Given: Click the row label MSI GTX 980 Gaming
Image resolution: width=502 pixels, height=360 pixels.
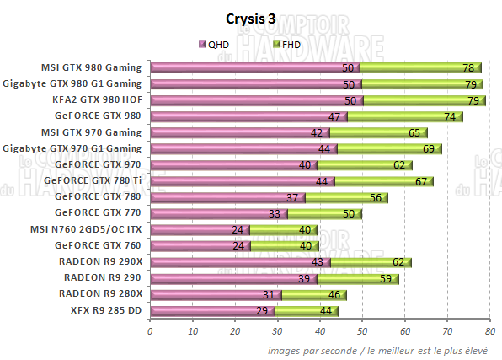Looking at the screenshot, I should [x=93, y=67].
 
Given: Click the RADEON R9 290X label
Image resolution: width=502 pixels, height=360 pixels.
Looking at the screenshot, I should [x=101, y=261].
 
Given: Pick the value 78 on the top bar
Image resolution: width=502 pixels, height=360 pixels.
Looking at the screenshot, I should [x=468, y=67].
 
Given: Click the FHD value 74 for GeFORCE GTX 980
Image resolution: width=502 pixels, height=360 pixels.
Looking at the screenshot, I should [x=450, y=116].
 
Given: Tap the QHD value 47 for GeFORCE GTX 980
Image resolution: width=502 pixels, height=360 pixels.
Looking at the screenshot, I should [x=334, y=116].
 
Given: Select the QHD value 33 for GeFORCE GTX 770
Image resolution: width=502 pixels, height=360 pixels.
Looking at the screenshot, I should [x=274, y=213].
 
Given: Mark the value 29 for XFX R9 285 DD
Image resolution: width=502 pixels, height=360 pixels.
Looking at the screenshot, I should [x=261, y=310].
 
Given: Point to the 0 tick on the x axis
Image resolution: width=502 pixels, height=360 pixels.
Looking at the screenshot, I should [x=150, y=331].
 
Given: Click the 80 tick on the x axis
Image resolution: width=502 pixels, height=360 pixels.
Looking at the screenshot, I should [x=489, y=331].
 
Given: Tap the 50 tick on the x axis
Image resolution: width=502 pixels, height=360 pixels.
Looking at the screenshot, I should [x=362, y=331].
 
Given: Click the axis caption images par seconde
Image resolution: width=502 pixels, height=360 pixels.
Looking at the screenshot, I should [x=307, y=348].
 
